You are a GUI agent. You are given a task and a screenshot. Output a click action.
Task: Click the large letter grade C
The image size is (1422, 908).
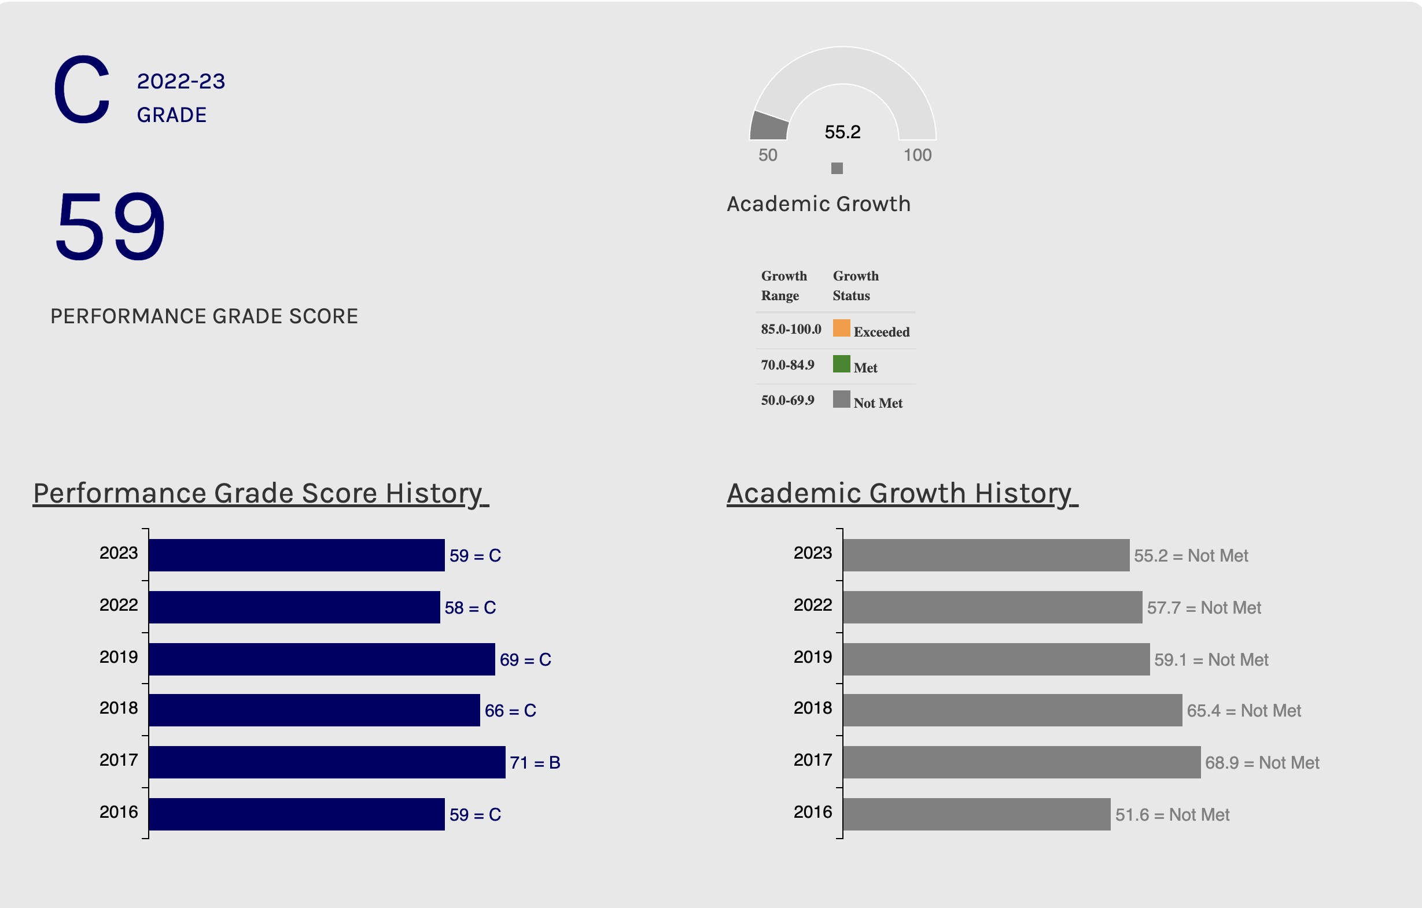(82, 90)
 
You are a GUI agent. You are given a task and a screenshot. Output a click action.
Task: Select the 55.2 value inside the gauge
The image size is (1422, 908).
(842, 132)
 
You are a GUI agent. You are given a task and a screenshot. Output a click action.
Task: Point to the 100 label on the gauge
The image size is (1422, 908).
(917, 155)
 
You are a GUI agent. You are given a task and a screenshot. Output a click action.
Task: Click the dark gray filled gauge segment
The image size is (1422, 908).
(769, 126)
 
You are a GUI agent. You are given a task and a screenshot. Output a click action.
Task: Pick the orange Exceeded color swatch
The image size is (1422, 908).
(841, 328)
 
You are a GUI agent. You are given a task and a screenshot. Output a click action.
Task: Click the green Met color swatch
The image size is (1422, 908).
(841, 364)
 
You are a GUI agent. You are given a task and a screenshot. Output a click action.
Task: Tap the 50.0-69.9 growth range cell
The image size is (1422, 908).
(787, 400)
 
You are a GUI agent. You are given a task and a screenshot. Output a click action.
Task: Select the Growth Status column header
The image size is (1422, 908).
(855, 286)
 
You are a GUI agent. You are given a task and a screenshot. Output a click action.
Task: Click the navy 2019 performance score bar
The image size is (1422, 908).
(322, 659)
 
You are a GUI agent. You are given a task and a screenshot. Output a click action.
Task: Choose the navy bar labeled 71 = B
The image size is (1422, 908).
(326, 762)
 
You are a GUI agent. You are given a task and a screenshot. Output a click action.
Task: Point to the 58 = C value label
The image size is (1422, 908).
(470, 607)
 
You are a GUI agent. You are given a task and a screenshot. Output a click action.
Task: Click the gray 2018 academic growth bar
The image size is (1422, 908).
(1012, 710)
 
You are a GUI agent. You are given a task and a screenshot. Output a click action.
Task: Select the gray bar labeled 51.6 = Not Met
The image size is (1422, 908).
(976, 814)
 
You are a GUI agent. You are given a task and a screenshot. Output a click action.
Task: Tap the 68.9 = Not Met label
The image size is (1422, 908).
(1261, 763)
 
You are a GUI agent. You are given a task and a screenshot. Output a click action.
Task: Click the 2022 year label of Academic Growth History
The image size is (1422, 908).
(813, 605)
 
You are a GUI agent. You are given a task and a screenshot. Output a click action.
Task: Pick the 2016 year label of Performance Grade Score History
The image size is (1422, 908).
(118, 813)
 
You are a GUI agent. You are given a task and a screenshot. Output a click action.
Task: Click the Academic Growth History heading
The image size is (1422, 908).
(902, 493)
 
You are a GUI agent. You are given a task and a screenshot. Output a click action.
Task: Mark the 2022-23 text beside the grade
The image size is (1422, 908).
(180, 82)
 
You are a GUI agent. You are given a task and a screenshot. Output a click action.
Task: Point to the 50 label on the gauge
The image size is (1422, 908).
(768, 155)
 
